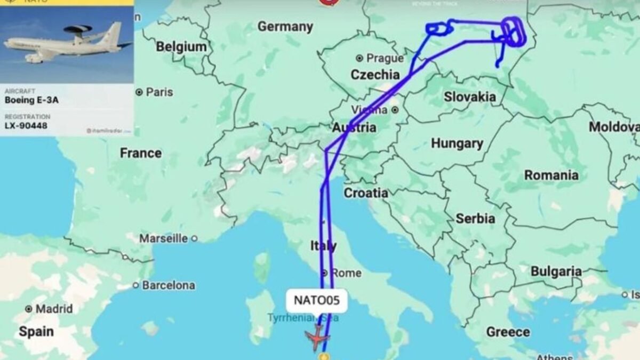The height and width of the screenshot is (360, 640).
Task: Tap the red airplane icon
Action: pyautogui.click(x=317, y=337)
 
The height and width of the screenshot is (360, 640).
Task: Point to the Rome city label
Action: pyautogui.click(x=346, y=273)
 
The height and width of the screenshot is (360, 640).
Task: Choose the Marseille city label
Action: pyautogui.click(x=163, y=238)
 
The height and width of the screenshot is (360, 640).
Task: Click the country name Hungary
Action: pyautogui.click(x=457, y=143)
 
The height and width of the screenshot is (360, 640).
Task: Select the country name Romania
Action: pyautogui.click(x=551, y=175)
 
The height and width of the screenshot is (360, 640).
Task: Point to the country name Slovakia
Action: pyautogui.click(x=469, y=97)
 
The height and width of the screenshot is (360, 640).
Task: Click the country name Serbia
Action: pyautogui.click(x=475, y=219)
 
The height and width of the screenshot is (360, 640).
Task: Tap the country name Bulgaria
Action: pyautogui.click(x=556, y=271)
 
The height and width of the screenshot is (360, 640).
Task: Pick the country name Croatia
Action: pyautogui.click(x=366, y=193)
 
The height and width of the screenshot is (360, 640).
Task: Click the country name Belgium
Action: pyautogui.click(x=181, y=47)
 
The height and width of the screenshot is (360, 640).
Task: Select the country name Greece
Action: pyautogui.click(x=508, y=332)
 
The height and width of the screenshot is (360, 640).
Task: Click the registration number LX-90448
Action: pyautogui.click(x=26, y=126)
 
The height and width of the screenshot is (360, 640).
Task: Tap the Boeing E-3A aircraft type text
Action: pyautogui.click(x=31, y=100)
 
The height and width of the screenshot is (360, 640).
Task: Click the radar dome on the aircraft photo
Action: pyautogui.click(x=78, y=29)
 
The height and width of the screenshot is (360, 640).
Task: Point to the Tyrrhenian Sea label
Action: pyautogui.click(x=303, y=318)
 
